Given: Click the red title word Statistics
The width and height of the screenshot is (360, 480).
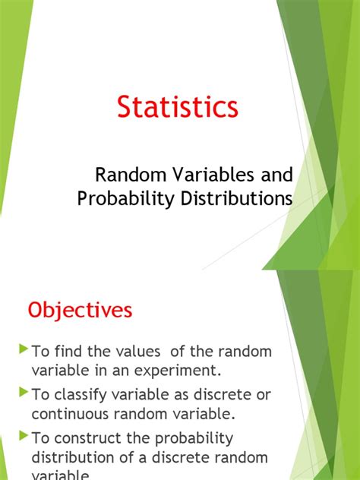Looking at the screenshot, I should (177, 107).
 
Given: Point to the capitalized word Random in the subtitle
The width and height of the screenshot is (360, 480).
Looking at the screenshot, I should (123, 175).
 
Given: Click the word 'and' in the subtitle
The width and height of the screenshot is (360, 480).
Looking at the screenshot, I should (276, 175).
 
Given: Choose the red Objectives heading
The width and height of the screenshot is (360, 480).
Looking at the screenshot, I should (80, 310).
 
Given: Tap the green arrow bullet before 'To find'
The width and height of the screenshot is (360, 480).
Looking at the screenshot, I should (23, 350).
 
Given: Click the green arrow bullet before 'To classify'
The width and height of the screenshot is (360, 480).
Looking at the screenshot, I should (23, 393).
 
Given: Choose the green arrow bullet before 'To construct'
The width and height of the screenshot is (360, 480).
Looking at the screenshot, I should (23, 437).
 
